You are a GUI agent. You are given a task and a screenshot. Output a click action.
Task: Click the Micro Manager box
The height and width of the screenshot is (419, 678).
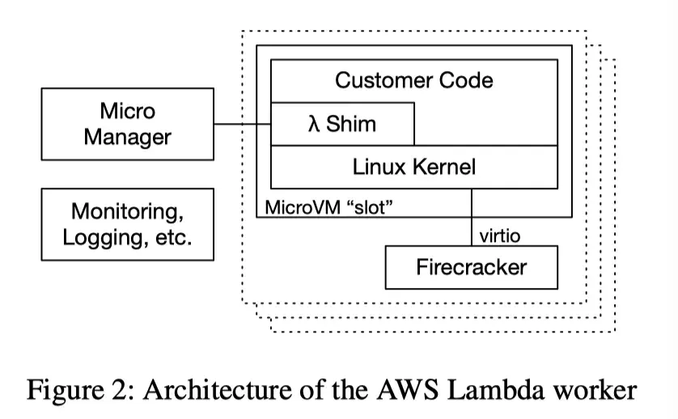pyautogui.click(x=127, y=124)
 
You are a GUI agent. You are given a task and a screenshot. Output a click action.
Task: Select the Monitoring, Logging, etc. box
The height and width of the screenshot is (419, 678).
pyautogui.click(x=127, y=224)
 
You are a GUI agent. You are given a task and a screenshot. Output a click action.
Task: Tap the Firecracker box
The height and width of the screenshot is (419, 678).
pyautogui.click(x=471, y=267)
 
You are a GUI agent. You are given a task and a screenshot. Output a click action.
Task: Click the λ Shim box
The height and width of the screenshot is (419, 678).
pyautogui.click(x=342, y=125)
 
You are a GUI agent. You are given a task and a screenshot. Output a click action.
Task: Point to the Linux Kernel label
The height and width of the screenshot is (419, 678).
pyautogui.click(x=414, y=167)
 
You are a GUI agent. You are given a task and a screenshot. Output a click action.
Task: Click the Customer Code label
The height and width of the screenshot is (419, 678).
pyautogui.click(x=413, y=80)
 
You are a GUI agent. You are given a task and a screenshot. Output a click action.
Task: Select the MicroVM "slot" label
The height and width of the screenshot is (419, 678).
pyautogui.click(x=328, y=207)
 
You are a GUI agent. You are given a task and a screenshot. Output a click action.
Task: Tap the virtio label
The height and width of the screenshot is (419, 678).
pyautogui.click(x=500, y=236)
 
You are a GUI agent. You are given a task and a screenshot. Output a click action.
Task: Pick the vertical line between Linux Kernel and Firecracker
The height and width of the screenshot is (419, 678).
pyautogui.click(x=471, y=218)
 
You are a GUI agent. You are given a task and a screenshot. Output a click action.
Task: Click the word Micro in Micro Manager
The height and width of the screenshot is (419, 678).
pyautogui.click(x=127, y=111)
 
